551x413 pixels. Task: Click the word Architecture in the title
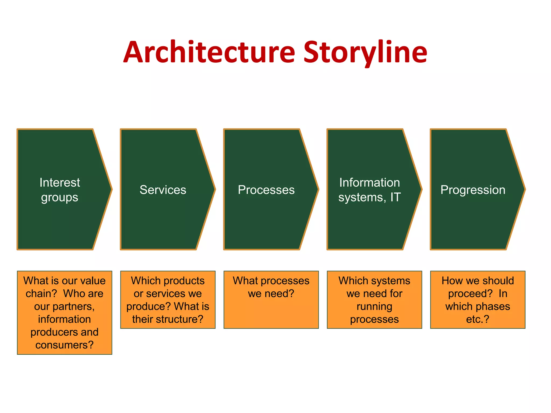point(209,52)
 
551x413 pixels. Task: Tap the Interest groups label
point(59,190)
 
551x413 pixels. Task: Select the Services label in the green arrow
point(163,190)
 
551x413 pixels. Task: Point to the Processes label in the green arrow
point(266,190)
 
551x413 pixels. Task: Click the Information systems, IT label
point(369,190)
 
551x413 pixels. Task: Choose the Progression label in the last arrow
point(473,190)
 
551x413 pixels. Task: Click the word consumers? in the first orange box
point(64,345)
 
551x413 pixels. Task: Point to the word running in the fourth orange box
point(374,306)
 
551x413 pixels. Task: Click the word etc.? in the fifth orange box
point(478,319)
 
